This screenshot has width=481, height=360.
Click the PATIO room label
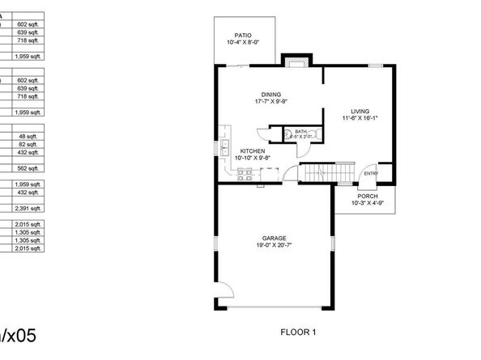click(242, 35)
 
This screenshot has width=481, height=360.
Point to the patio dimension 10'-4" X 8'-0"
click(242, 42)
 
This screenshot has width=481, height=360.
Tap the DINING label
click(270, 95)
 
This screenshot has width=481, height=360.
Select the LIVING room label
click(360, 111)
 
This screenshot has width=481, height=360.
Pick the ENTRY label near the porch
click(371, 173)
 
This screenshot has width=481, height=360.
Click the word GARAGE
click(274, 238)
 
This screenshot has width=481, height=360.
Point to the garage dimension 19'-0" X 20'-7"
click(274, 245)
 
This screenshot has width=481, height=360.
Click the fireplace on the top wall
click(294, 61)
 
